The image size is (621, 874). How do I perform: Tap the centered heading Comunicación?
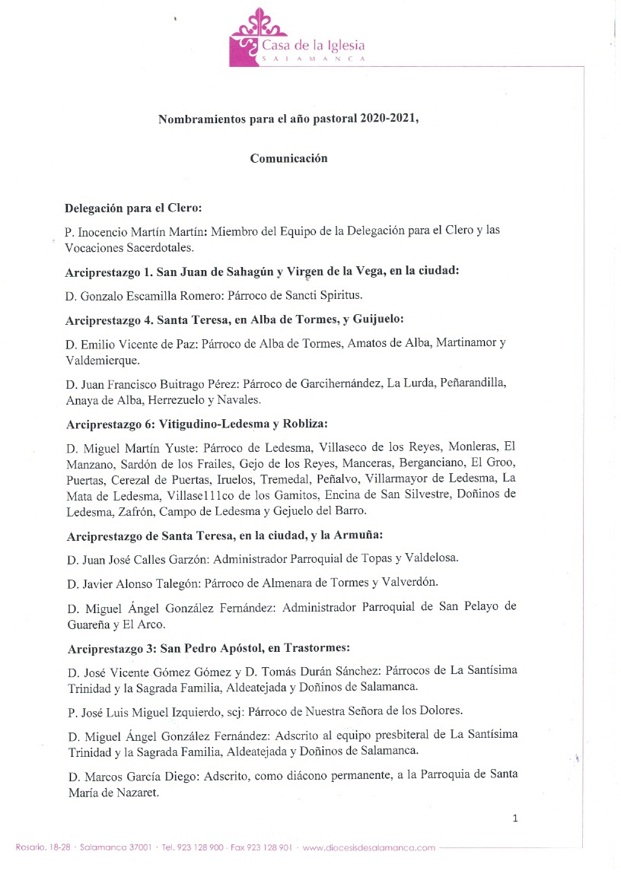click(x=288, y=158)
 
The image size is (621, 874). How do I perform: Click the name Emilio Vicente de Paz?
click(x=129, y=343)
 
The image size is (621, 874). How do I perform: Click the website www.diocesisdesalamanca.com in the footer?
click(x=369, y=847)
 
